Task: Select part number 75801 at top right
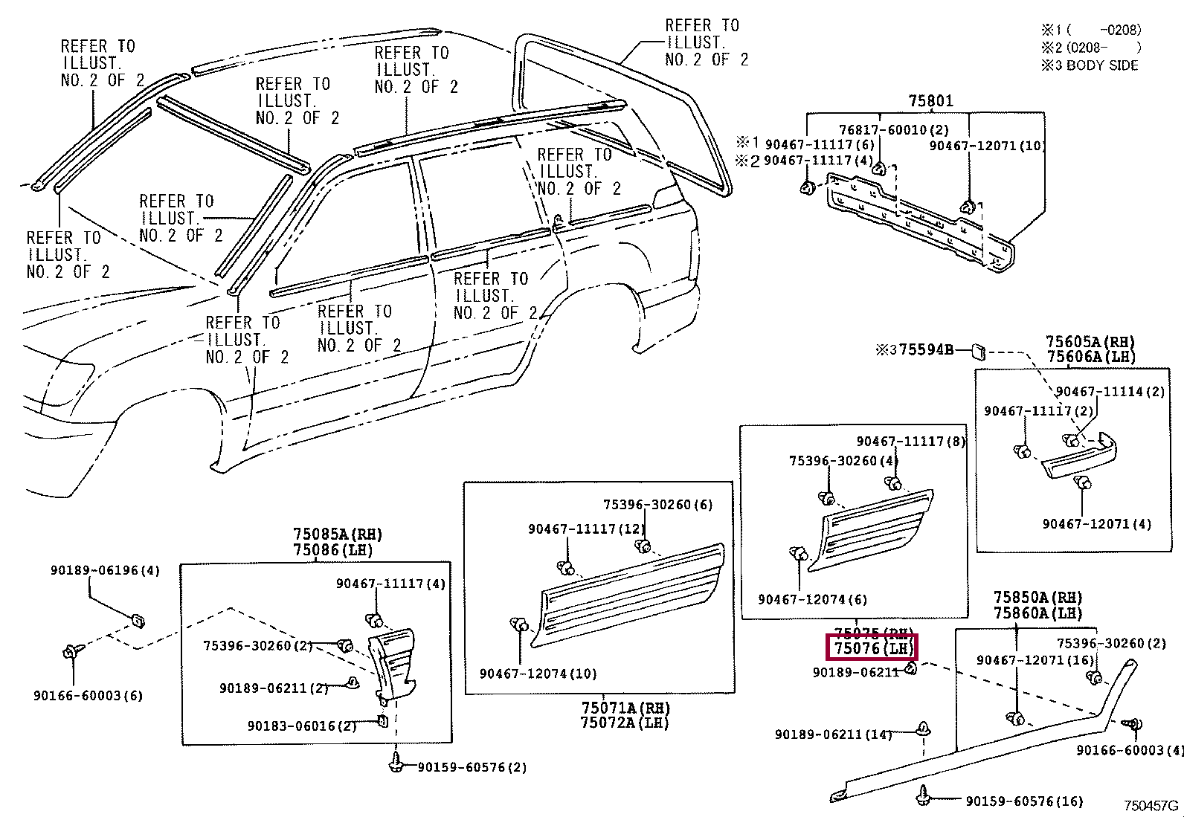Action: click(930, 100)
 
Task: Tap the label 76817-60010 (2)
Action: click(883, 129)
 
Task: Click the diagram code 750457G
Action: click(1151, 806)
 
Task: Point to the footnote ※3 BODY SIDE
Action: click(1090, 65)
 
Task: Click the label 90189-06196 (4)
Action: click(105, 570)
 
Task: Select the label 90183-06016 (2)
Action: click(302, 726)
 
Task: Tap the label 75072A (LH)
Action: click(625, 723)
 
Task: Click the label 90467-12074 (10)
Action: click(538, 674)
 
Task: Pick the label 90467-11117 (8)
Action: click(910, 441)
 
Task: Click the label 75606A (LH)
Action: click(1091, 357)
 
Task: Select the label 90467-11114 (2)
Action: click(1110, 392)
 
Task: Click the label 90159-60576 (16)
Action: click(1024, 801)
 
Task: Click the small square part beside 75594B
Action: click(979, 350)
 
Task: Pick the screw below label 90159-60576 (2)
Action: click(396, 761)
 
